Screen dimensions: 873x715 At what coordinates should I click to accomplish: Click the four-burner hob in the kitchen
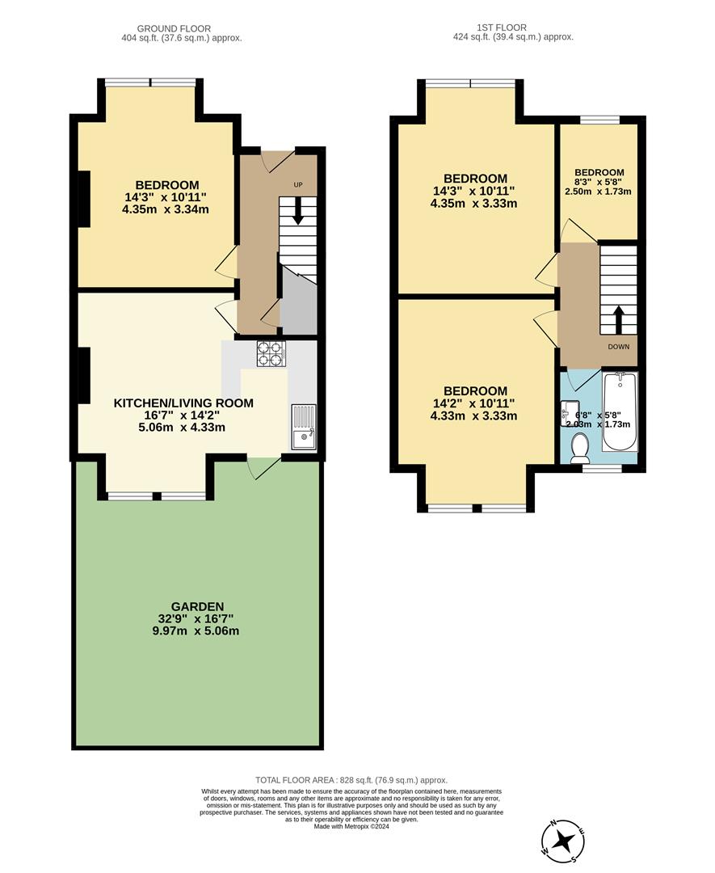coord(271,353)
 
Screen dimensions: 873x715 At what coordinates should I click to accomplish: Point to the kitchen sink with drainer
coord(305,427)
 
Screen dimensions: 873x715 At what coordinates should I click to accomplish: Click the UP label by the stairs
coord(298,185)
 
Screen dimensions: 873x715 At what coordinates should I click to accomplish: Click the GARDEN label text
coord(197,606)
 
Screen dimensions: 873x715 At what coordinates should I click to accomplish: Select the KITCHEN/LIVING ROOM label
coord(183,403)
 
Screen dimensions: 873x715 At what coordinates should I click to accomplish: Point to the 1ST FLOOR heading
coord(513,27)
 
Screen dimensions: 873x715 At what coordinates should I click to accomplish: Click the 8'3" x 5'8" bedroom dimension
coord(599,182)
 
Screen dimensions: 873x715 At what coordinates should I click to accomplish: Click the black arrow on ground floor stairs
coord(298,213)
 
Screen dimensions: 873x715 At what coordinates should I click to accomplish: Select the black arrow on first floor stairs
coord(619,318)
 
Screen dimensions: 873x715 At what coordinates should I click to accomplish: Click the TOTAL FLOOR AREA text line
coord(351,779)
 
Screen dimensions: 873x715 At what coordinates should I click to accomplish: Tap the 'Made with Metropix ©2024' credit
coord(351,827)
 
